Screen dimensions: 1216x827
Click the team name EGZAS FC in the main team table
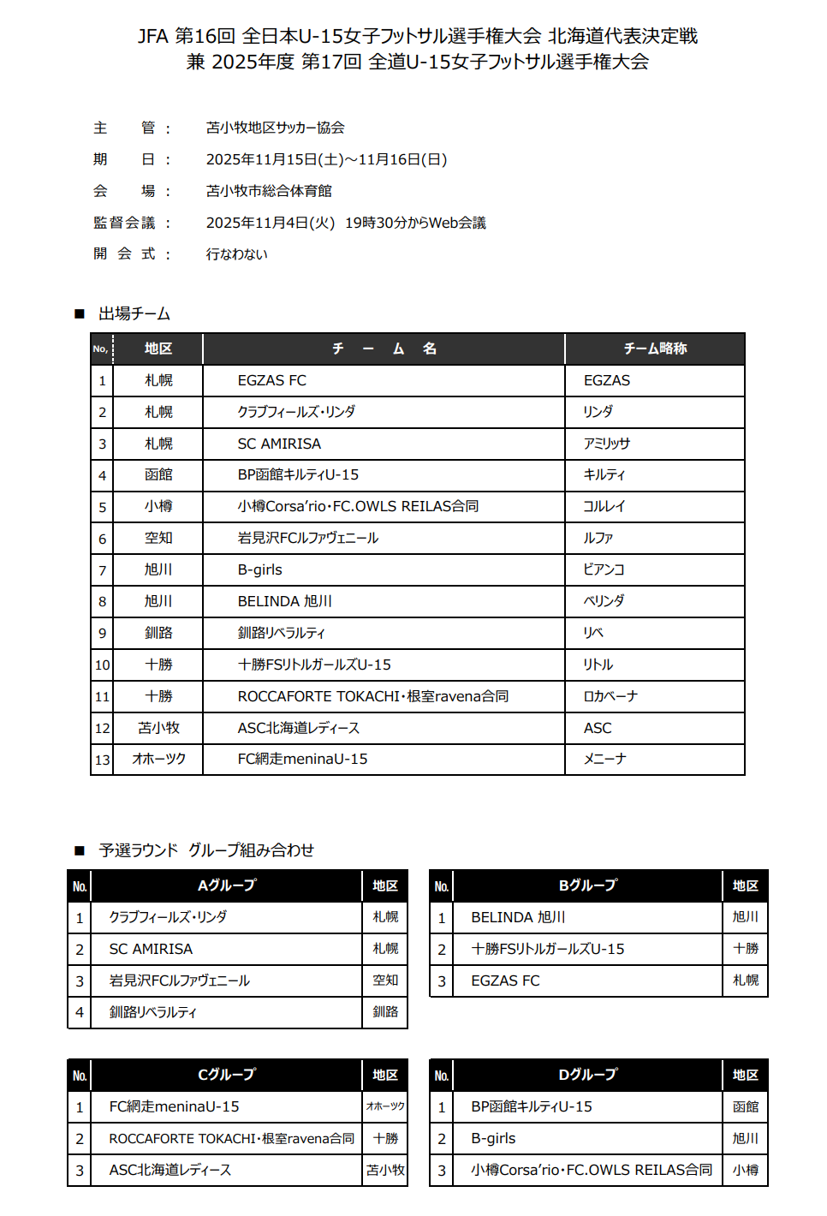[x=272, y=380]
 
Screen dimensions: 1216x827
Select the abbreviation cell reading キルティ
[x=604, y=474]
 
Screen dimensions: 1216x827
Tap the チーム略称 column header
[x=655, y=349]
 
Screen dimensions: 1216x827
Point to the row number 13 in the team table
[x=103, y=760]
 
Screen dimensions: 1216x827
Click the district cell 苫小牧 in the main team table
[x=158, y=728]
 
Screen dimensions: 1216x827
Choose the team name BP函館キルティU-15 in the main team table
[x=298, y=474]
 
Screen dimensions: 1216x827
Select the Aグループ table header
[x=227, y=885]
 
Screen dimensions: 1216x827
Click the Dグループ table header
[x=587, y=1075]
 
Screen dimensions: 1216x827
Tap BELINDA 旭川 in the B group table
[x=518, y=917]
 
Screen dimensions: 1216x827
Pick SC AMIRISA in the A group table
[x=151, y=949]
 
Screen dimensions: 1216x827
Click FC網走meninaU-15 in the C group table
[x=174, y=1106]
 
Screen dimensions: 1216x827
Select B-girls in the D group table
[x=493, y=1138]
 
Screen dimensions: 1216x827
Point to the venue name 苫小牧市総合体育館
[x=269, y=191]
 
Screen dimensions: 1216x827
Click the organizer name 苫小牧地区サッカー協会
[x=275, y=128]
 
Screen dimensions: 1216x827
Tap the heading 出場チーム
[x=134, y=313]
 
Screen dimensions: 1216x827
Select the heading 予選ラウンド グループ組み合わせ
[x=206, y=850]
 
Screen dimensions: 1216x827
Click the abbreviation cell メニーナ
[x=604, y=760]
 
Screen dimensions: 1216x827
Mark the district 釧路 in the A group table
[x=385, y=1012]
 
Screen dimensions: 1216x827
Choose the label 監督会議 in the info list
[x=124, y=223]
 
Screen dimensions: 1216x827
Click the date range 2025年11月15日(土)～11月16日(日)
[x=326, y=159]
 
